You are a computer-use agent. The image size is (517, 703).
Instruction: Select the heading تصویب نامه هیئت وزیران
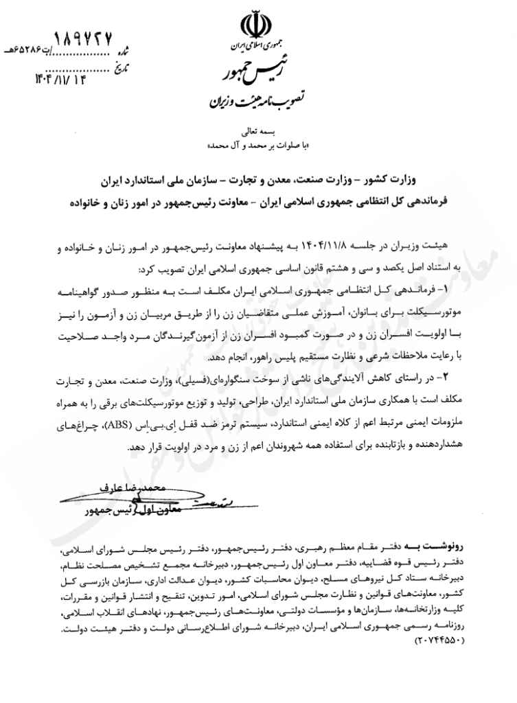tap(246, 104)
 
